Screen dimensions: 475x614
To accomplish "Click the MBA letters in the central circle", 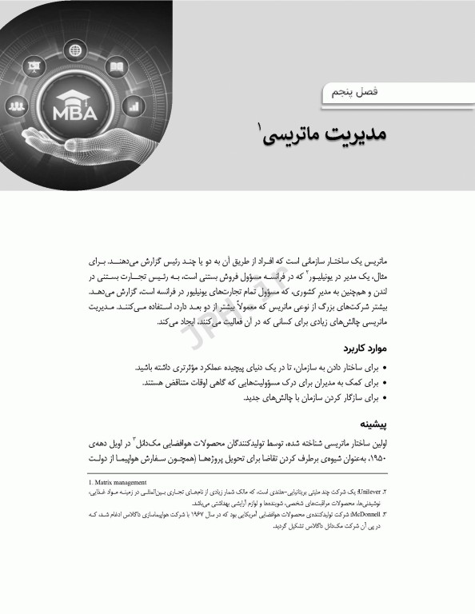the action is [x=75, y=113].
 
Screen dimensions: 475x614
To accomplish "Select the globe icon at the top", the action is [x=75, y=50].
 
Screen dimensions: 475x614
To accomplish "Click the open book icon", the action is [x=116, y=68].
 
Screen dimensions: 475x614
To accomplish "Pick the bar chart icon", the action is [x=133, y=105].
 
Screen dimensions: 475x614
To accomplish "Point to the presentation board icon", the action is [x=35, y=66].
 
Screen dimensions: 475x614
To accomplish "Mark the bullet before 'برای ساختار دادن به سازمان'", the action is [x=385, y=368].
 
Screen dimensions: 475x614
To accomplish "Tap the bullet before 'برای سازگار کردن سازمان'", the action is [x=385, y=397].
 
